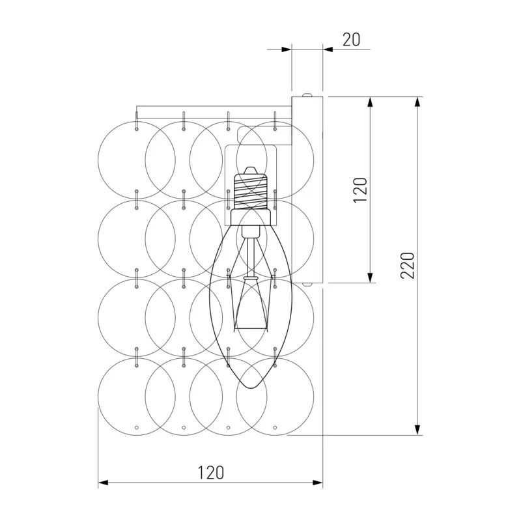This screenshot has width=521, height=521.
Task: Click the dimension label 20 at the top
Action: point(351,40)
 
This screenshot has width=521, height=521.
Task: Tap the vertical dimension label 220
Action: point(408,265)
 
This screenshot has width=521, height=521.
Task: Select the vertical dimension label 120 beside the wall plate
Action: point(360,190)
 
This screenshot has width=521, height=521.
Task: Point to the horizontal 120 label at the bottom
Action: point(211,473)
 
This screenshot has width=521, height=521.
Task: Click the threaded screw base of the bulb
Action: point(251,191)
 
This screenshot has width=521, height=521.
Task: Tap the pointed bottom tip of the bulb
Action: point(252,387)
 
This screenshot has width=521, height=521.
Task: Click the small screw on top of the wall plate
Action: point(307,94)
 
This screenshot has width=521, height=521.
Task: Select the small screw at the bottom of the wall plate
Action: point(307,285)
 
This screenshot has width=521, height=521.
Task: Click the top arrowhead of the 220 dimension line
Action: point(417,102)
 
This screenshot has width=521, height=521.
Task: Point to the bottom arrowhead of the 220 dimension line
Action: point(417,429)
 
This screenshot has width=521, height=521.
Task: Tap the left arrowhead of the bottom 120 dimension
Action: point(104,483)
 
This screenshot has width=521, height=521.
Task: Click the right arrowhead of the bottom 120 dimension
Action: point(317,483)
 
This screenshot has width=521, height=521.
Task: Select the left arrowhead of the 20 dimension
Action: point(286,49)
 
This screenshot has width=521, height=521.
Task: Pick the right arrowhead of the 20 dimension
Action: point(328,49)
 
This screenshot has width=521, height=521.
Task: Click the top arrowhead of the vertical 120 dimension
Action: point(369,102)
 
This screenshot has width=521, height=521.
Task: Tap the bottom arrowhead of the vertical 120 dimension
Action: point(369,277)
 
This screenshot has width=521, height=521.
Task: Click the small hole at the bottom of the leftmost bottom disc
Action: point(137,428)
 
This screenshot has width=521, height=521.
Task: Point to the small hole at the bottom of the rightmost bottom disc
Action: point(275,428)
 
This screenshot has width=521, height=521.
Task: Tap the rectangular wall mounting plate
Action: point(307,190)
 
